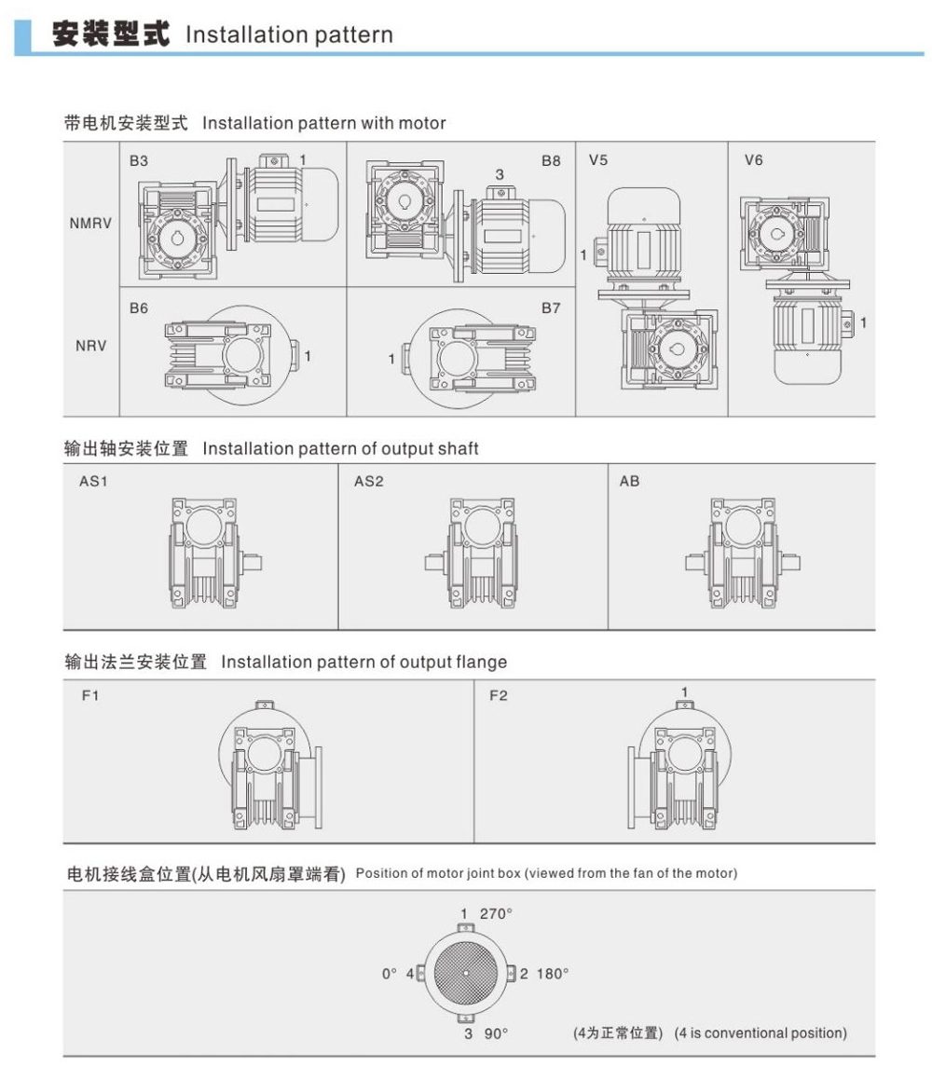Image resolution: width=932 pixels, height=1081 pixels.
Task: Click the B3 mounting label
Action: click(x=139, y=161)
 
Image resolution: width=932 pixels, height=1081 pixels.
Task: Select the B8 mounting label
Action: click(x=551, y=161)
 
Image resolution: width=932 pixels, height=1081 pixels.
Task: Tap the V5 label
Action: click(x=598, y=161)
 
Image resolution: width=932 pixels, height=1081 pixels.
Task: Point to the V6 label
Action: click(x=753, y=161)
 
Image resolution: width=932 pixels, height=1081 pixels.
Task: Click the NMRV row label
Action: click(x=90, y=224)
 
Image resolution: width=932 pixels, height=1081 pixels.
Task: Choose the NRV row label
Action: click(x=90, y=346)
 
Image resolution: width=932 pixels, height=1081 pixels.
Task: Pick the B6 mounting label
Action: click(x=139, y=308)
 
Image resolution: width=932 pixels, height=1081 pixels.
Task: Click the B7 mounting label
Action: click(x=551, y=308)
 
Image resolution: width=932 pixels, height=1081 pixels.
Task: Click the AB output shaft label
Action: click(x=629, y=482)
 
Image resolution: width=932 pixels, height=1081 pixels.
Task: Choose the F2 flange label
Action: click(x=499, y=696)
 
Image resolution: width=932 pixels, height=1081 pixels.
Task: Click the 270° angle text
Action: click(x=495, y=913)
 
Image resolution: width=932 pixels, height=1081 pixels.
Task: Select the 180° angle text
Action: click(x=553, y=974)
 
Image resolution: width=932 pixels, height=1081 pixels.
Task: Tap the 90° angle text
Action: click(x=495, y=1033)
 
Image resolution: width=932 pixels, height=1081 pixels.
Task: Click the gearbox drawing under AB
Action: click(x=743, y=554)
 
